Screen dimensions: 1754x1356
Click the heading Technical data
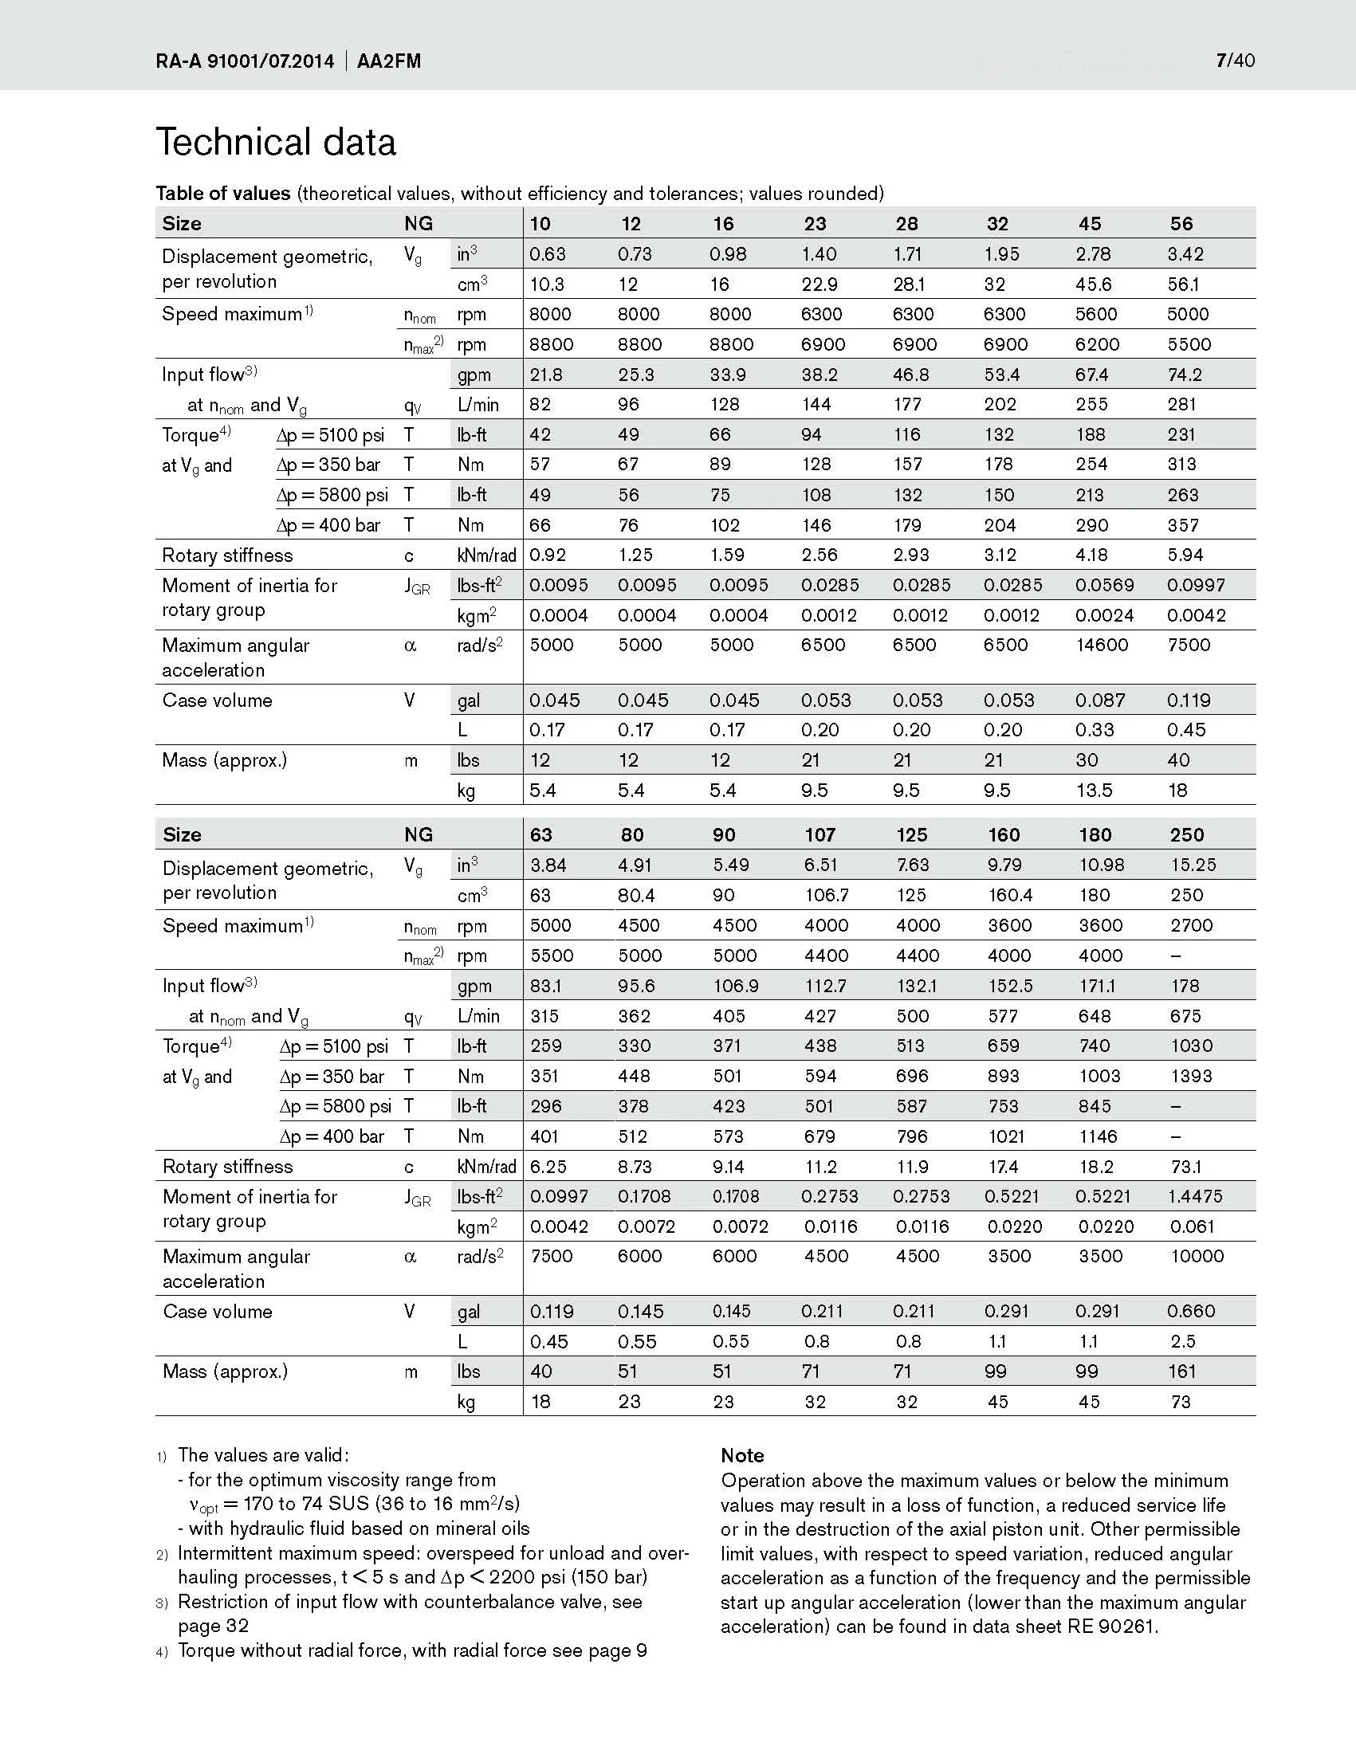click(276, 142)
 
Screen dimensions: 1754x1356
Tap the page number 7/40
click(1236, 61)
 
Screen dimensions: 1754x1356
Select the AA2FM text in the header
click(389, 62)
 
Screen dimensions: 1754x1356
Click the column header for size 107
click(820, 834)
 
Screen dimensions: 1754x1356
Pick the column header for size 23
click(815, 223)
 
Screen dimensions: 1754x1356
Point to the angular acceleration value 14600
click(1102, 645)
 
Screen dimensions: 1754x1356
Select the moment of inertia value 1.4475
click(1194, 1197)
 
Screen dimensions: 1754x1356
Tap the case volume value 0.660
click(1190, 1311)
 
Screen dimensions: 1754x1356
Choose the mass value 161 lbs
click(1181, 1371)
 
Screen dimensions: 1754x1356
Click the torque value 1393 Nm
click(1191, 1076)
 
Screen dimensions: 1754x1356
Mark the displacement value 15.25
click(1193, 865)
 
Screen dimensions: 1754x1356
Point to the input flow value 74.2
click(1189, 375)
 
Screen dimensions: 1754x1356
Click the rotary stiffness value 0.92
click(547, 555)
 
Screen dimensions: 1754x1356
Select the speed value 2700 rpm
click(1191, 925)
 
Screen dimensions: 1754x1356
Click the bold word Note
click(742, 1455)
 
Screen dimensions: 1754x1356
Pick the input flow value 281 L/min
click(1181, 404)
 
